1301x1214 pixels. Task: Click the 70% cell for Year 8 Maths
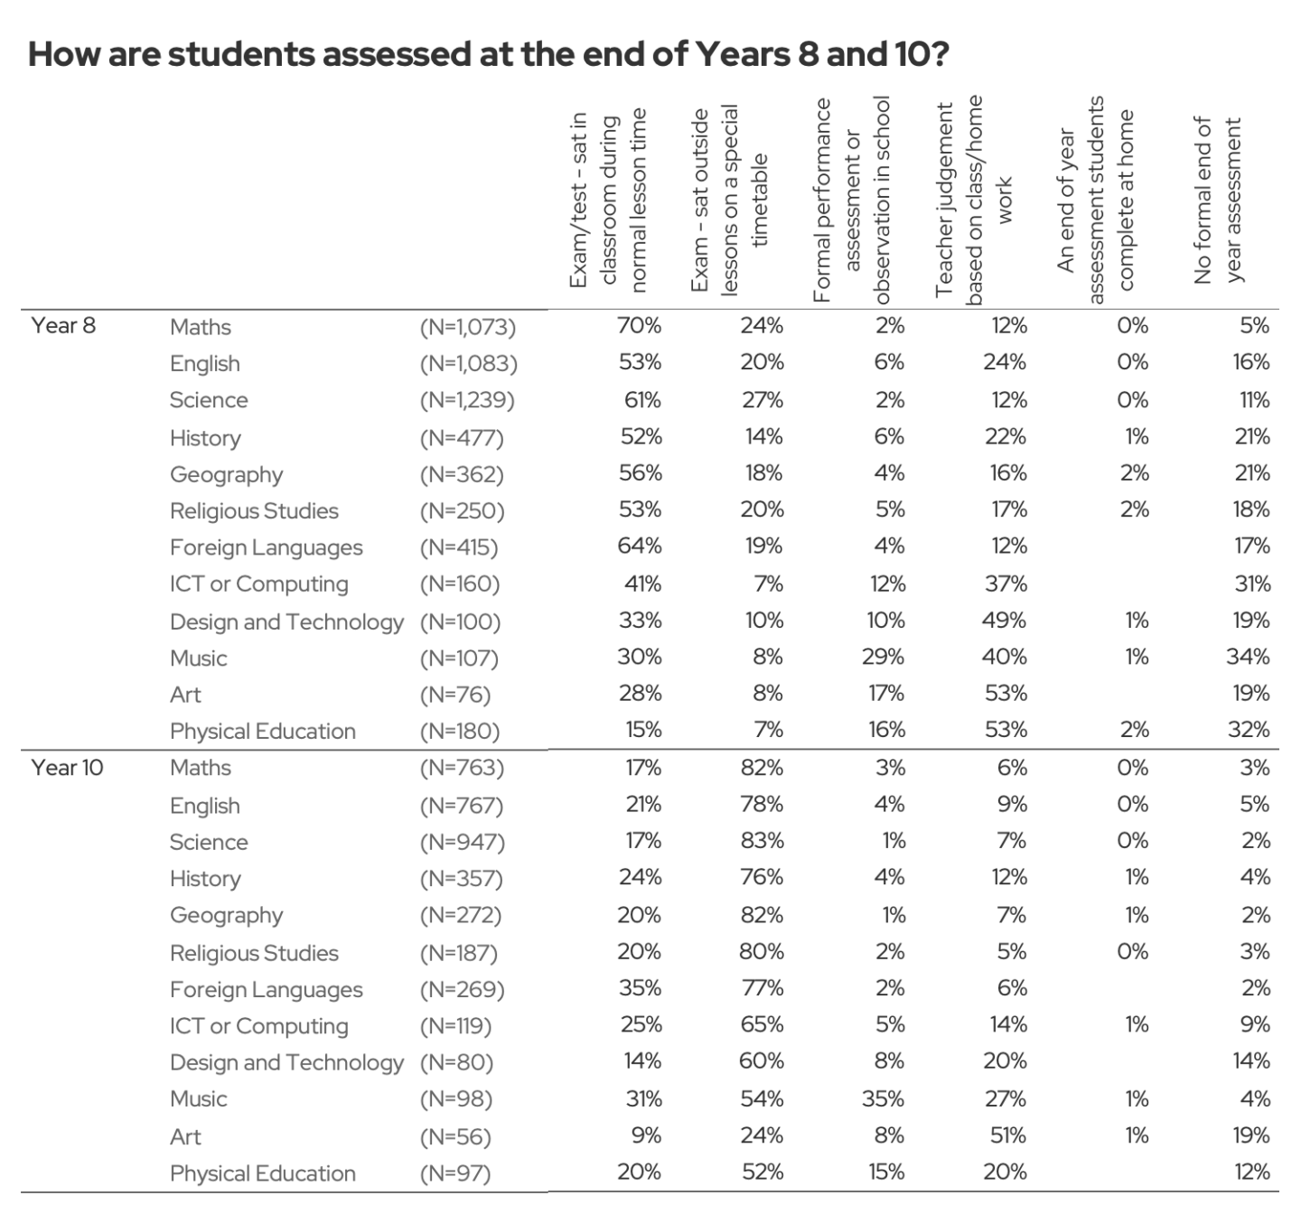640,326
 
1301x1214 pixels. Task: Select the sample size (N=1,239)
467,400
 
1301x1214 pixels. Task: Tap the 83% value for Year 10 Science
762,841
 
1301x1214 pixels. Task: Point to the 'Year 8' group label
63,326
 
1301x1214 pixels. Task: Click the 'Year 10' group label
68,768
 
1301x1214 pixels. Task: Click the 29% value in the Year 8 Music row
884,657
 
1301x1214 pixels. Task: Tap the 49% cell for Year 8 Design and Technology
1005,621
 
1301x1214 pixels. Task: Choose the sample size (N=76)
455,695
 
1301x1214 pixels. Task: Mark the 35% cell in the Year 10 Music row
884,1098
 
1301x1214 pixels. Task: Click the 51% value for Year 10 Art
1007,1135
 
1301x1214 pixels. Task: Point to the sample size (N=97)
455,1173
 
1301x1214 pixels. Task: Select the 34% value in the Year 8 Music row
1248,657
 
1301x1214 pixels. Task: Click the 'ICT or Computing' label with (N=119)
258,1026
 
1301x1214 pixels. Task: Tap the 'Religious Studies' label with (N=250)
254,511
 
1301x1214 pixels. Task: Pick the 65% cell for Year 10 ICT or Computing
762,1025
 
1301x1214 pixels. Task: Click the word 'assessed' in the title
397,55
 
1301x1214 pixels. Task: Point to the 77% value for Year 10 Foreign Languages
763,988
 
